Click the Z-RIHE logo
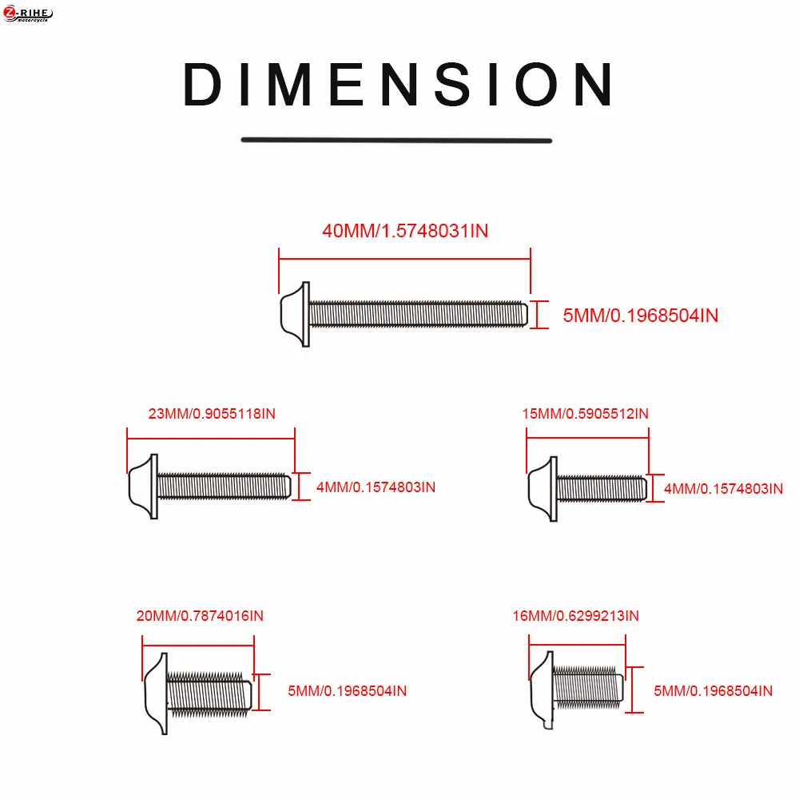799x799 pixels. point(27,14)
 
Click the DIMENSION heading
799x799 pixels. point(398,85)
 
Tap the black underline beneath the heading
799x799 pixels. point(396,140)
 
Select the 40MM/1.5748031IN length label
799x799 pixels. point(405,231)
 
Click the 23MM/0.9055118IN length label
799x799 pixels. point(212,413)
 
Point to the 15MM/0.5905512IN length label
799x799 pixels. point(586,413)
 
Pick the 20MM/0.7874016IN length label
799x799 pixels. point(200,615)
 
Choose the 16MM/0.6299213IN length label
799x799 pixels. point(576,615)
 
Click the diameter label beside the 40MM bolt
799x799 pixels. point(641,316)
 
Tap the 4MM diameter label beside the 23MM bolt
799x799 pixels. point(376,487)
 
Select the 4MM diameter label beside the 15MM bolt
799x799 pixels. point(724,489)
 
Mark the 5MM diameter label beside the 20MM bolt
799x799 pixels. point(348,691)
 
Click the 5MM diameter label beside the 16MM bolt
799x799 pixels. point(714,691)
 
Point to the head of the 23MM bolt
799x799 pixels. point(144,487)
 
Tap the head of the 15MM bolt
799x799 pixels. point(543,489)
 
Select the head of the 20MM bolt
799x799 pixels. point(157,694)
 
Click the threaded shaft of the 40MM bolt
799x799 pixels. point(419,314)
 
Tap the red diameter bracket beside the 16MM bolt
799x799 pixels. point(632,690)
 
